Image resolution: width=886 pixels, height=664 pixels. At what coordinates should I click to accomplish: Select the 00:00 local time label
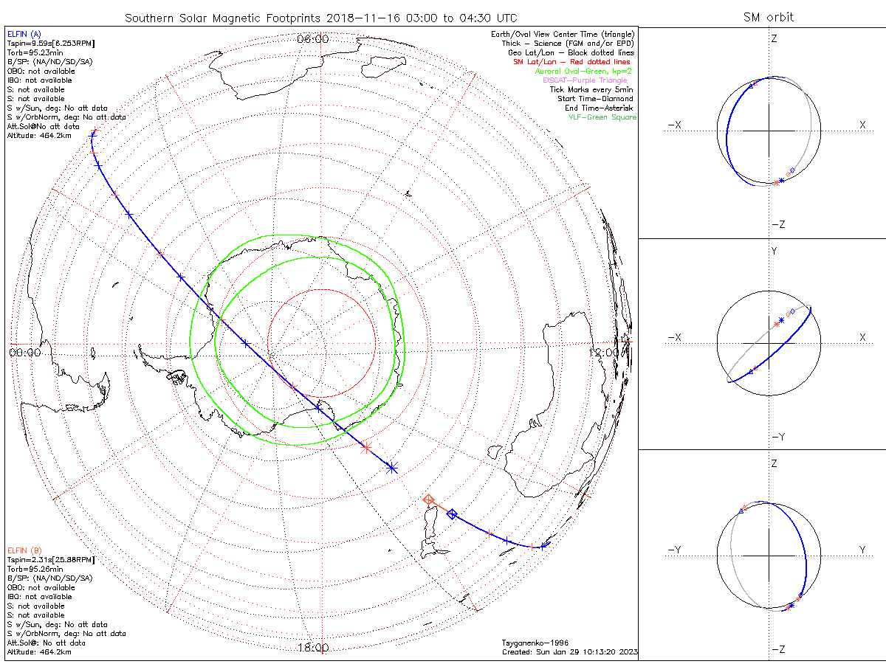(x=24, y=353)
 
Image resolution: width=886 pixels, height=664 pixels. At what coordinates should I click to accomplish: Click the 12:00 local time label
(x=605, y=353)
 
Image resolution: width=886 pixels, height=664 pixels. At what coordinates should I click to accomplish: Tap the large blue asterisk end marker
(x=392, y=467)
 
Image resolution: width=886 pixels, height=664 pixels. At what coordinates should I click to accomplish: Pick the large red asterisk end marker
(x=365, y=448)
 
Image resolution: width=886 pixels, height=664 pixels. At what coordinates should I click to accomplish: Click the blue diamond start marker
(x=452, y=514)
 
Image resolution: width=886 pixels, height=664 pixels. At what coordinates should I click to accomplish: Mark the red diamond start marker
(x=429, y=500)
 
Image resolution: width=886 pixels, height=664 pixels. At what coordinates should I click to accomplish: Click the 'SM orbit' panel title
(x=769, y=18)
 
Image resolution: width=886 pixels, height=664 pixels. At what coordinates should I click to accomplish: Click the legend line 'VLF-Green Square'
(x=602, y=118)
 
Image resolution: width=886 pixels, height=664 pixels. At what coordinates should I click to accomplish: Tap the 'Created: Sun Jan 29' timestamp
(x=569, y=652)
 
